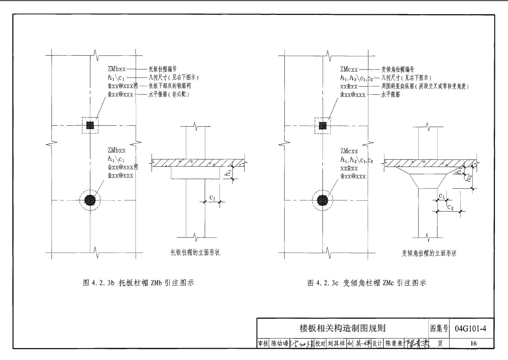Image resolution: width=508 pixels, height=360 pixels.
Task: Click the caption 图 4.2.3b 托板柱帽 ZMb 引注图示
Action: [x=138, y=283]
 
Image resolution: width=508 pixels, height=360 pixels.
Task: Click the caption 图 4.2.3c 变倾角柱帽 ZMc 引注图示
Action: [x=367, y=283]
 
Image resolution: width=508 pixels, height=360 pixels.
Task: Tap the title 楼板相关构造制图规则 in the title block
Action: [x=342, y=328]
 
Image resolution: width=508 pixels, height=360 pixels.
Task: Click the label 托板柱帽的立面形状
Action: [x=195, y=253]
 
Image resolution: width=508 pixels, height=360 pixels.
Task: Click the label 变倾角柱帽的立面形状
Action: [x=429, y=253]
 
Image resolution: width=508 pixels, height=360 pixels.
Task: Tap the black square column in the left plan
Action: [x=90, y=125]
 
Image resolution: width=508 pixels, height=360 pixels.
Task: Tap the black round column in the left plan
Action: [x=90, y=200]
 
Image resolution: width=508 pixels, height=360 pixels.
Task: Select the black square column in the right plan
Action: [x=322, y=126]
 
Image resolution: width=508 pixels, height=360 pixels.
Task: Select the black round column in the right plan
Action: [x=322, y=201]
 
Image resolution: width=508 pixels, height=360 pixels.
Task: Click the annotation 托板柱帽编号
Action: [x=162, y=69]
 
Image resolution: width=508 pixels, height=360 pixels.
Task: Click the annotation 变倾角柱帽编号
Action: [x=398, y=69]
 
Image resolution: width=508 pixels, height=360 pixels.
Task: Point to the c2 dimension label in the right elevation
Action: [x=450, y=207]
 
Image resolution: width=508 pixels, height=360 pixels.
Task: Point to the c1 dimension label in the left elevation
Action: [x=212, y=198]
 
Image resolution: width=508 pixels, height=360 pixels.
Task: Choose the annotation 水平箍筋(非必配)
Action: [x=169, y=94]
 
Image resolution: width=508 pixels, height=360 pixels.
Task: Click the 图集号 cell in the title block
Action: [x=439, y=328]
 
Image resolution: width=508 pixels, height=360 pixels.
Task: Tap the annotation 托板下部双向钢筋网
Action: [x=170, y=86]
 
